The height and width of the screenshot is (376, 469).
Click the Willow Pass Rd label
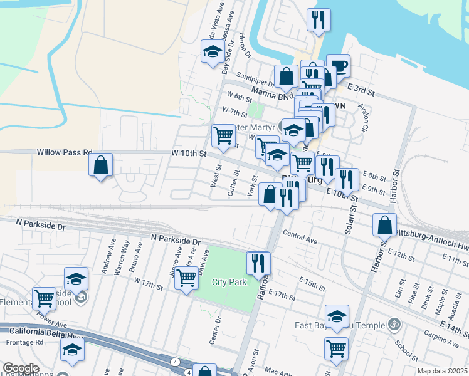(65, 152)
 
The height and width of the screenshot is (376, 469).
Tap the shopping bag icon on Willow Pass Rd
(101, 165)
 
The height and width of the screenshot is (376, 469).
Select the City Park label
(229, 282)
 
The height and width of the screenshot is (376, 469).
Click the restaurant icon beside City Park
(258, 264)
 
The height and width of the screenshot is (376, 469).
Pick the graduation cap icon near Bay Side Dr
(213, 52)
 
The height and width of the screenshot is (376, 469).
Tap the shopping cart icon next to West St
(223, 135)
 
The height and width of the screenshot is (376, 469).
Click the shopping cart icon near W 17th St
(186, 278)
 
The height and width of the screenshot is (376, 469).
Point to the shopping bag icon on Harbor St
(384, 225)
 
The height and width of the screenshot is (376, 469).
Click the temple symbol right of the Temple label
(394, 325)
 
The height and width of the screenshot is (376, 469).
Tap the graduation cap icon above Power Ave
(76, 278)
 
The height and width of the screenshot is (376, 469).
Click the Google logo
(21, 368)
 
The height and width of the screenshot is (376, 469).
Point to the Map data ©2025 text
(442, 371)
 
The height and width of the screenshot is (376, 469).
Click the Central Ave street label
(300, 238)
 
